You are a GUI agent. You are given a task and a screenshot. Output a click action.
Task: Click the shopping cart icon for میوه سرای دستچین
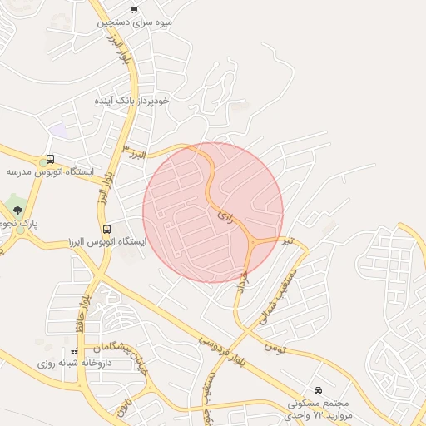(134, 9)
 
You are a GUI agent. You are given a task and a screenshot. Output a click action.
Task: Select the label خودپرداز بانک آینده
(132, 100)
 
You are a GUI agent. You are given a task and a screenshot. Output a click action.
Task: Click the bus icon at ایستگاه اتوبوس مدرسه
(51, 159)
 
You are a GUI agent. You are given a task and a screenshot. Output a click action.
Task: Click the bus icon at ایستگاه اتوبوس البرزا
(106, 229)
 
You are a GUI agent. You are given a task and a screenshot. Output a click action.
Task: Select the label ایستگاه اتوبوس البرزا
(106, 242)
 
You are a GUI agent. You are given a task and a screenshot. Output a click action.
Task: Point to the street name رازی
(224, 215)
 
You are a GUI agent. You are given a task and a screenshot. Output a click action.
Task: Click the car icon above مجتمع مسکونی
(319, 389)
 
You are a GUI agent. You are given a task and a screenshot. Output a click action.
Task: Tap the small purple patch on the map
(57, 131)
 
